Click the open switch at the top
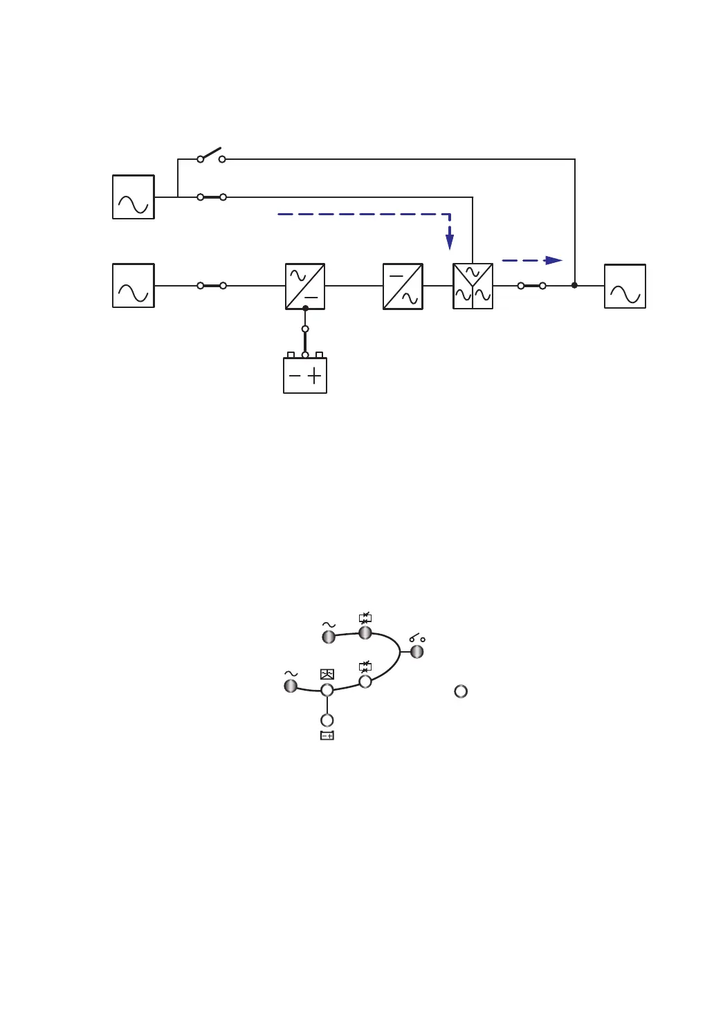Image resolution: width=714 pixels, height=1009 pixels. tap(211, 155)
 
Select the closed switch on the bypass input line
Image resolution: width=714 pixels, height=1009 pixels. tap(212, 197)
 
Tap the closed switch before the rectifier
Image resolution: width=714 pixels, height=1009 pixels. tap(212, 285)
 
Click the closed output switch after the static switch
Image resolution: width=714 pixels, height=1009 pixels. tap(531, 285)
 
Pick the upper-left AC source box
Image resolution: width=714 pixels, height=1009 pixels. tap(134, 197)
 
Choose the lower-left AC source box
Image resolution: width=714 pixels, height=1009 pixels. tap(134, 285)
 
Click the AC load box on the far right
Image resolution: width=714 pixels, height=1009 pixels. tap(625, 286)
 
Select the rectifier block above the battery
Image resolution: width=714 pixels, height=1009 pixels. tap(305, 286)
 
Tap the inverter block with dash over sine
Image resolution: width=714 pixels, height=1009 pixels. tap(403, 286)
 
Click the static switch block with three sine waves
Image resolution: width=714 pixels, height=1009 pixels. tap(473, 286)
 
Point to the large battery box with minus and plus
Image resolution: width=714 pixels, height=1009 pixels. tap(305, 375)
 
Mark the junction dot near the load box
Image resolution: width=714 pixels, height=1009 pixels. tap(574, 285)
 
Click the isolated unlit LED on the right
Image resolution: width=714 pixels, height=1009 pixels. tap(461, 691)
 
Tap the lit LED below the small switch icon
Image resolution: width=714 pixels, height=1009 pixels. tap(416, 652)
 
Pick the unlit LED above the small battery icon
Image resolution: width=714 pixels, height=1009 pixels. tap(327, 720)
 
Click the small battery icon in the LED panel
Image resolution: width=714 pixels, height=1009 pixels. tap(327, 736)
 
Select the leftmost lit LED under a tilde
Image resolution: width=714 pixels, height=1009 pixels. tap(291, 686)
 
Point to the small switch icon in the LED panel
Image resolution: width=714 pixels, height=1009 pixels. tap(416, 637)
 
